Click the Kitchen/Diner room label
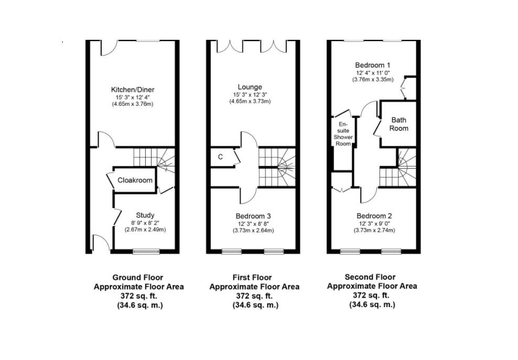pos(133,90)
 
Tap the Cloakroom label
pos(135,180)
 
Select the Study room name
pos(145,215)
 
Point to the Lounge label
pos(250,87)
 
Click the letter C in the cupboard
pos(220,157)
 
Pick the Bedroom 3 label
pos(253,216)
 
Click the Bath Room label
pos(399,124)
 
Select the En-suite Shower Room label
pos(343,134)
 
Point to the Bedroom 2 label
pos(374,216)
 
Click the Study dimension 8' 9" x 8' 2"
pos(145,223)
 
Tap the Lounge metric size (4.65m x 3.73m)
pos(250,101)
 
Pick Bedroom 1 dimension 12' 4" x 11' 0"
pos(373,73)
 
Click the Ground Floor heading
pos(138,277)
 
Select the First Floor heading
pos(252,277)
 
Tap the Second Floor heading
pos(370,277)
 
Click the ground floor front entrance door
pos(101,244)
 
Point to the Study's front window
pos(146,252)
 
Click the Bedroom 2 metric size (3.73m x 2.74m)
pos(374,231)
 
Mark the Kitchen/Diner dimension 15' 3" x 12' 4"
pos(133,97)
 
